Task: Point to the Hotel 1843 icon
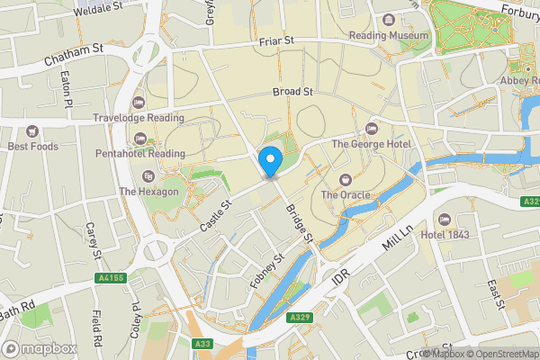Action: click(x=442, y=220)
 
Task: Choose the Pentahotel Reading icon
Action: click(x=139, y=138)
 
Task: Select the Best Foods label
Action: click(x=32, y=147)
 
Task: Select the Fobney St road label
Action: click(x=267, y=269)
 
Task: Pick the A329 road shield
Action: click(x=300, y=318)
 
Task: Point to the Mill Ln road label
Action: click(x=396, y=244)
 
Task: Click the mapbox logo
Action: click(x=39, y=348)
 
